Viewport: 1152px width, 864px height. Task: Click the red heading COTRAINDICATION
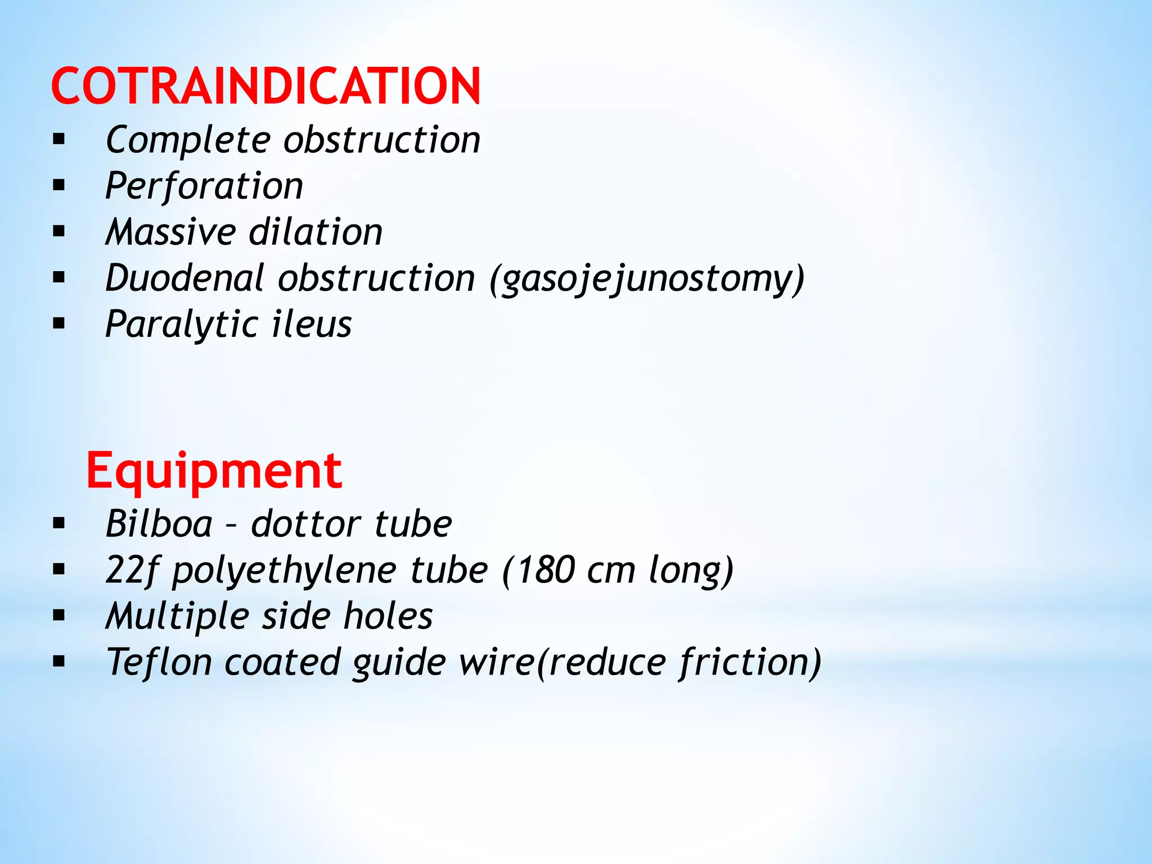click(265, 86)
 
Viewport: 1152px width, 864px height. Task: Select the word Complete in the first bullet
click(188, 139)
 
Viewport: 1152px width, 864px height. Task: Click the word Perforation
click(204, 186)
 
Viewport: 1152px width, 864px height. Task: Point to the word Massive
click(170, 232)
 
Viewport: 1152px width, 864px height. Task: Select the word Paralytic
click(181, 325)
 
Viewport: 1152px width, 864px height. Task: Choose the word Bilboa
click(159, 524)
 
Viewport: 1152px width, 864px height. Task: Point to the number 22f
click(130, 570)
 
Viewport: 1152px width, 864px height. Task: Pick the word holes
click(388, 616)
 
